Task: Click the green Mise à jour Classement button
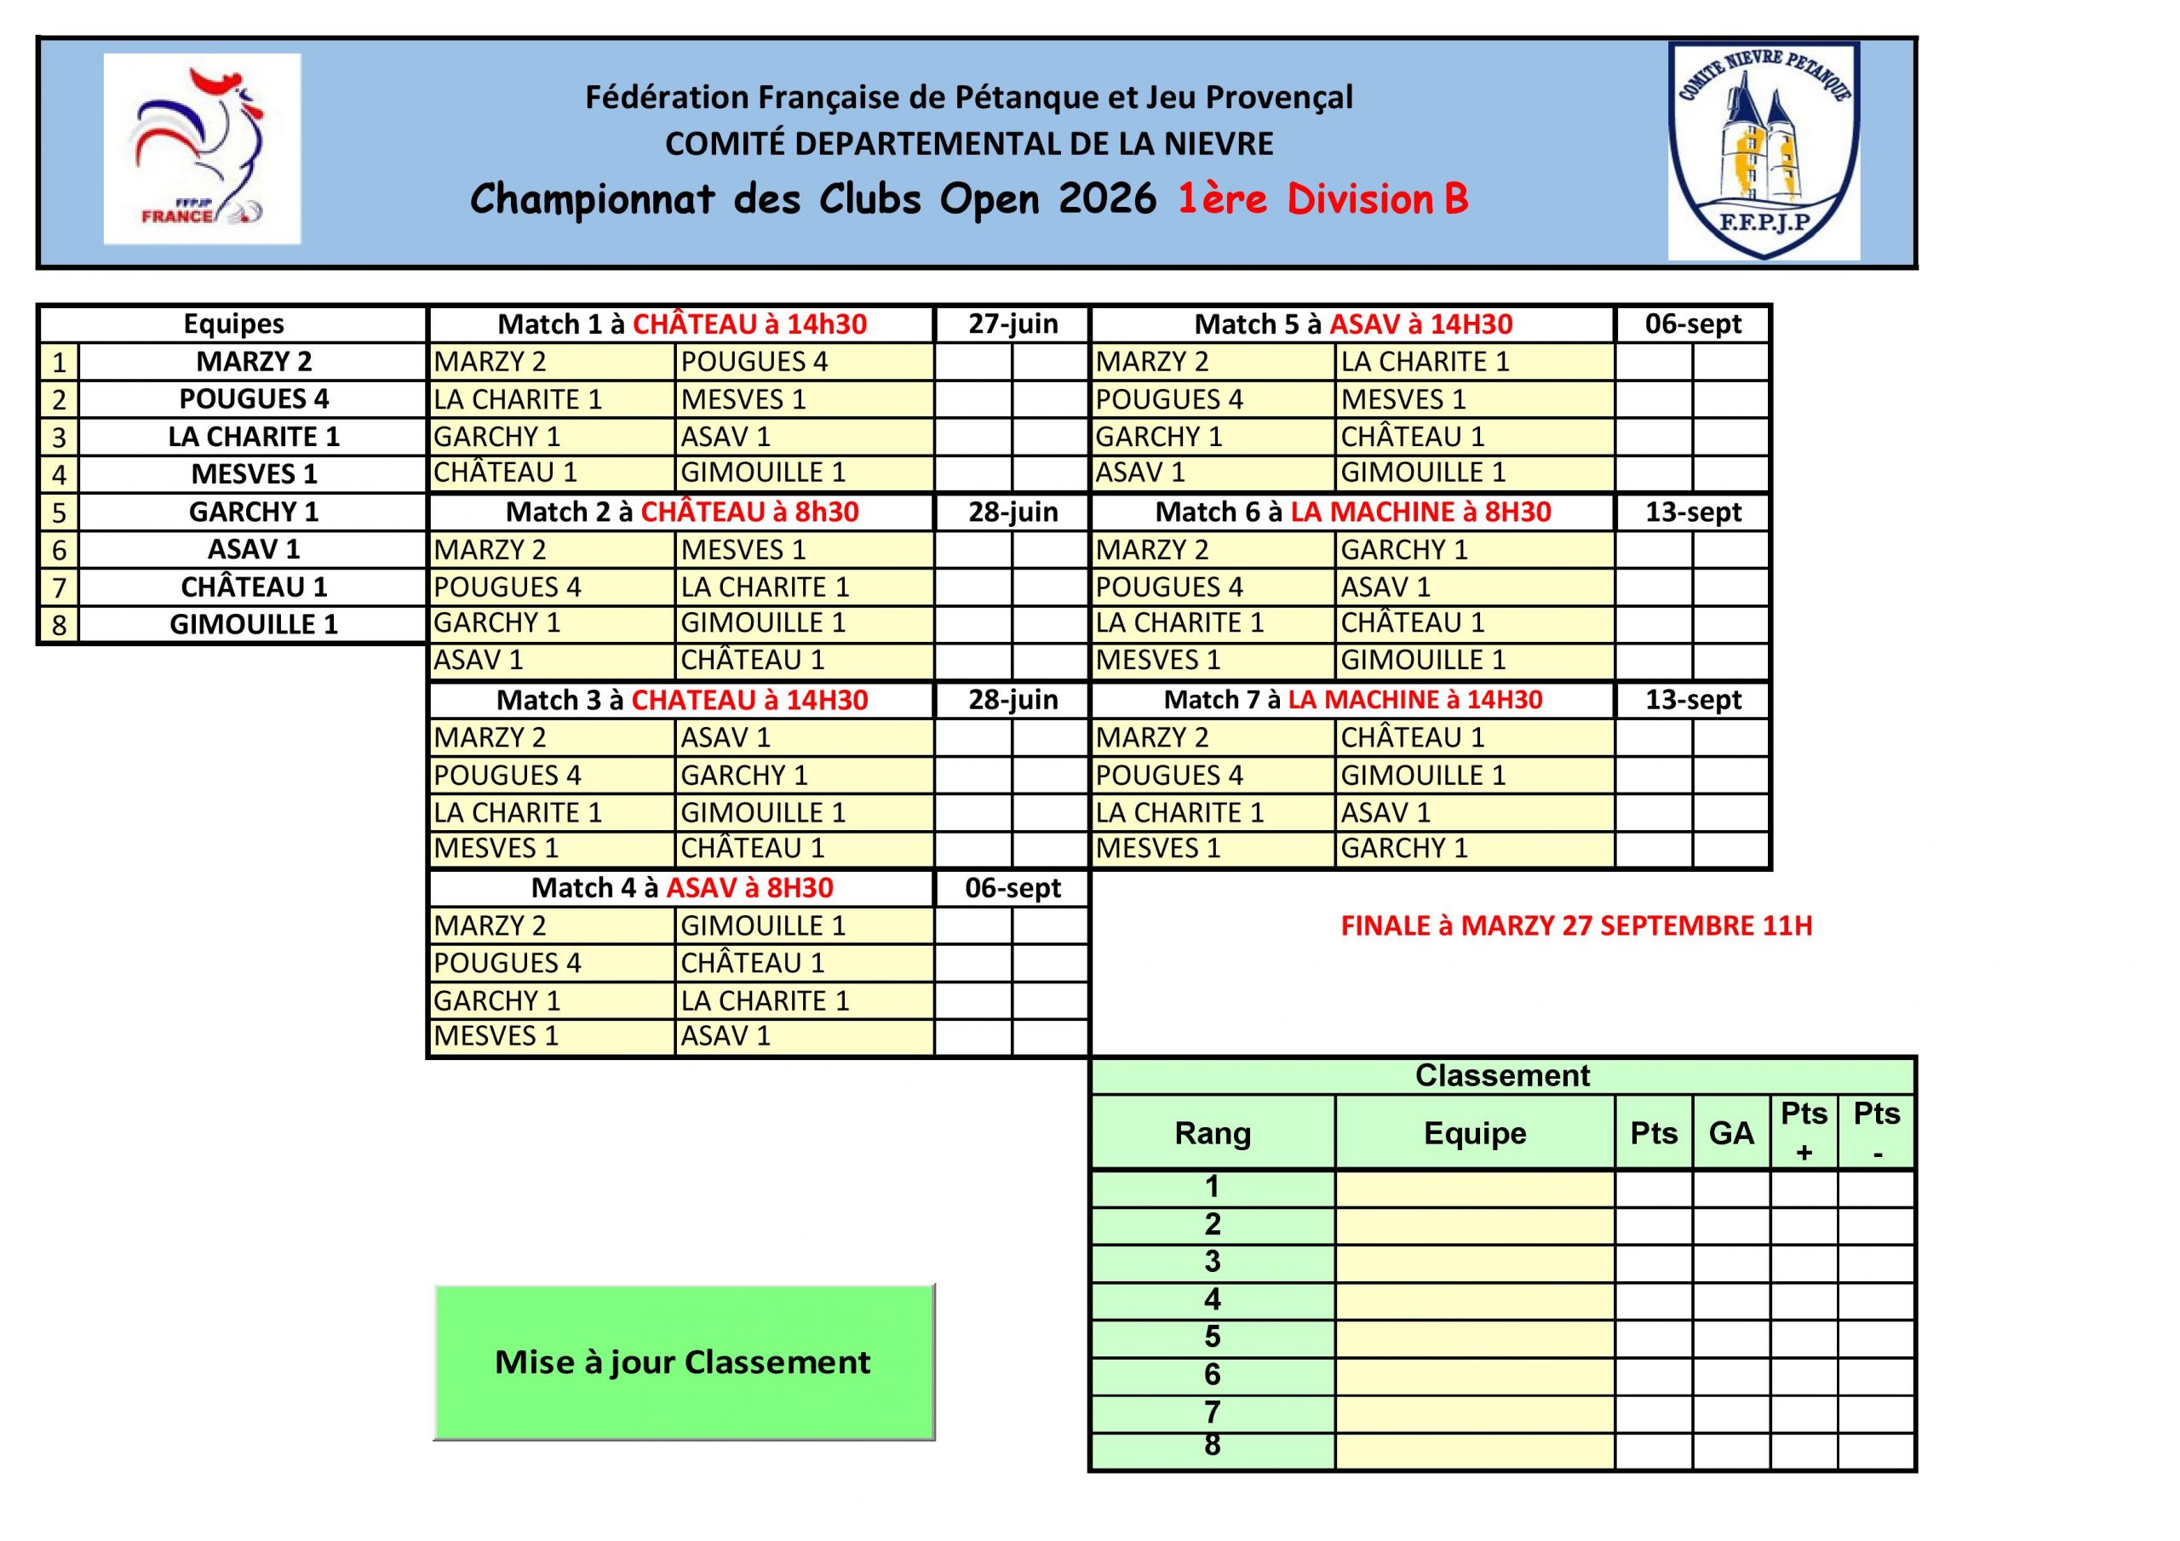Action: pos(684,1361)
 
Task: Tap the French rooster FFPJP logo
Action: pos(201,149)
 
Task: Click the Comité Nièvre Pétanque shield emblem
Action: pos(1764,151)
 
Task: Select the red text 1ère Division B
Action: pos(1322,199)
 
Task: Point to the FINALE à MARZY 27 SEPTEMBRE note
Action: pos(1576,925)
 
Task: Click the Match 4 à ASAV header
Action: pos(682,889)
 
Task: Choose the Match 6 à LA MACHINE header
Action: pos(1352,513)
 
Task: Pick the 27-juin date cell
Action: pos(1013,324)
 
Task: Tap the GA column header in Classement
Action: pos(1731,1132)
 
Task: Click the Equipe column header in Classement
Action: pos(1475,1132)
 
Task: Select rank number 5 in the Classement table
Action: pos(1213,1337)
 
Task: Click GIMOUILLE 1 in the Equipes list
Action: pos(254,625)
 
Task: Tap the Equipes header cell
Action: pos(233,324)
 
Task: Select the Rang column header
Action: pos(1213,1132)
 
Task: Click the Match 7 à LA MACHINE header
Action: pos(1352,701)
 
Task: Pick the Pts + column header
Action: pos(1804,1131)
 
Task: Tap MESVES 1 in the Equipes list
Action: pos(254,473)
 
